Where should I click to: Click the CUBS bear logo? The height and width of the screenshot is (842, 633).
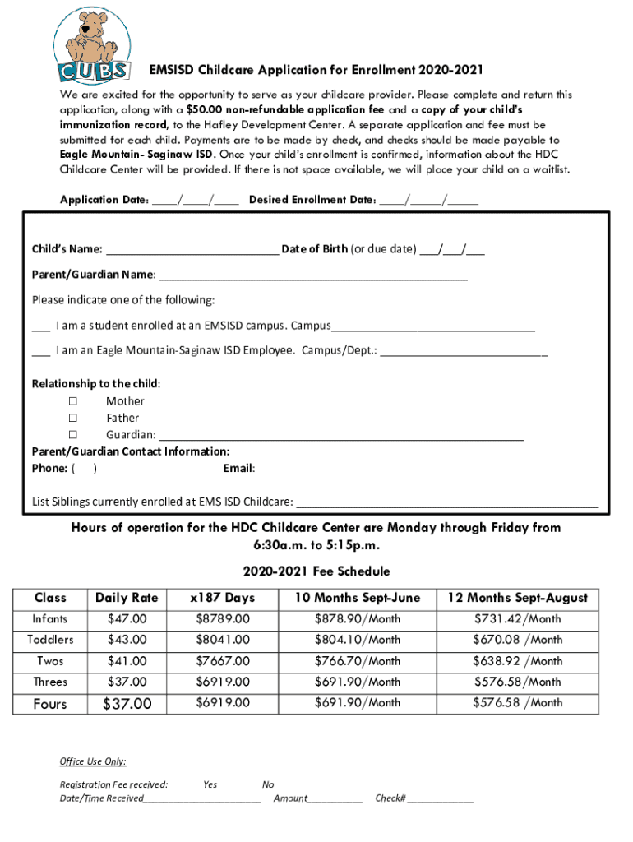[x=91, y=41]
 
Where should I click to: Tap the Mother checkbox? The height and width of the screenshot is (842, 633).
[x=72, y=401]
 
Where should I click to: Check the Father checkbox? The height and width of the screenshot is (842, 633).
[x=72, y=418]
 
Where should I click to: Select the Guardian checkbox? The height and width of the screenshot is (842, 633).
[x=72, y=434]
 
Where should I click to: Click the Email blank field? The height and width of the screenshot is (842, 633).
[x=427, y=470]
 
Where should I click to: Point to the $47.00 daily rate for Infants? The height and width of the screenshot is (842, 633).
[x=127, y=618]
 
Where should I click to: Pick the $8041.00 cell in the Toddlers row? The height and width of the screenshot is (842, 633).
[x=222, y=640]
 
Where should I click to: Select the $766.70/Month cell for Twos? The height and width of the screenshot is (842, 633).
[x=358, y=661]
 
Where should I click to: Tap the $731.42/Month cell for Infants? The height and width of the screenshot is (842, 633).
[x=517, y=618]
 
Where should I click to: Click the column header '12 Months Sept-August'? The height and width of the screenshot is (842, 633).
[x=517, y=598]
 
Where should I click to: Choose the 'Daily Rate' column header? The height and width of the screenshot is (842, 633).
[x=127, y=598]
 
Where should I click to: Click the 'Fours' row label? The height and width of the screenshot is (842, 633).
[x=50, y=704]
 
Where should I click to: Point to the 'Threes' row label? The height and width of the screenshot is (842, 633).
[x=50, y=682]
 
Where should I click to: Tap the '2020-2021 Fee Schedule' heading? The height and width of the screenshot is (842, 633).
[x=316, y=571]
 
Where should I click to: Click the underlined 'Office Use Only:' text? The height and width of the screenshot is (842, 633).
[x=93, y=761]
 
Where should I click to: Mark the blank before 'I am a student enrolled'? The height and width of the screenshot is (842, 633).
[x=40, y=326]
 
